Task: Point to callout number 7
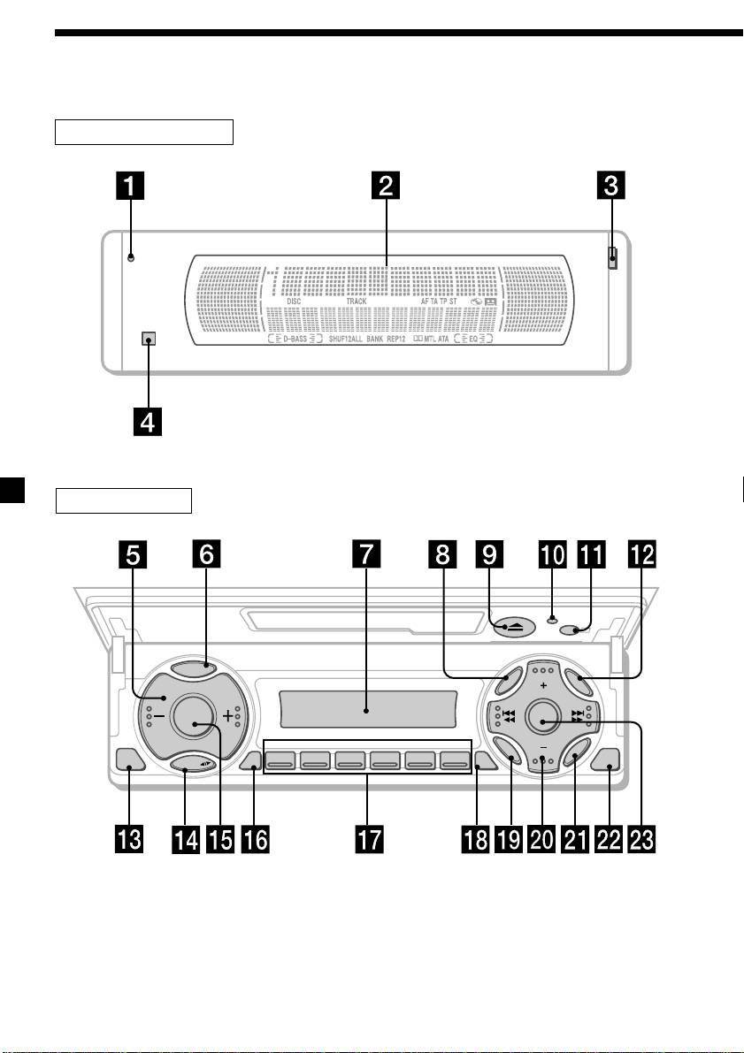366,556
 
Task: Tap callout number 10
553,556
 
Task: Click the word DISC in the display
294,301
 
